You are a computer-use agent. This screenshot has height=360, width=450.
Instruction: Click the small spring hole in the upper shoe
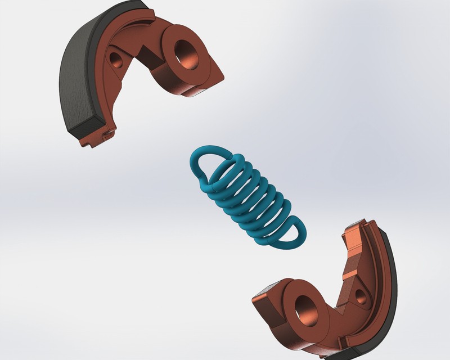(116, 57)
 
